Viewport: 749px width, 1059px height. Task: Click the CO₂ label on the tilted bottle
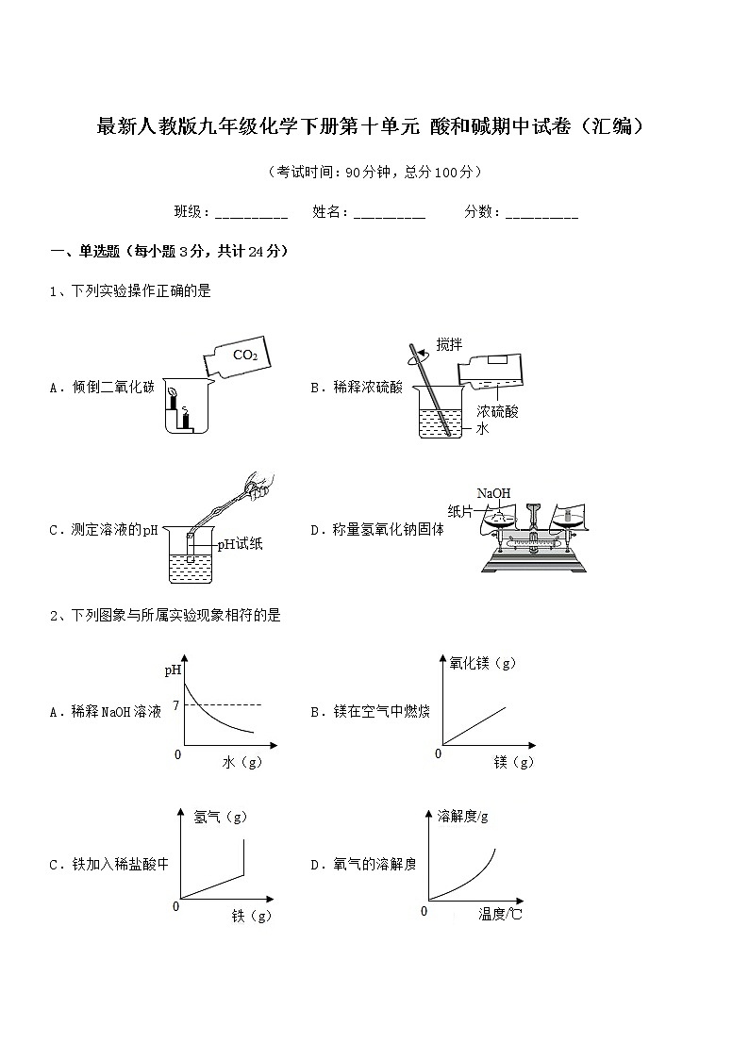[244, 356]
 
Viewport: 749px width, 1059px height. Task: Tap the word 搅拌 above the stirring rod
[449, 344]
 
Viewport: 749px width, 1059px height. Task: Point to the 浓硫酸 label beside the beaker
[497, 411]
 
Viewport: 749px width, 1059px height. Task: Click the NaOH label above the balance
[493, 493]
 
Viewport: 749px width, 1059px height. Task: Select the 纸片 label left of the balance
[460, 511]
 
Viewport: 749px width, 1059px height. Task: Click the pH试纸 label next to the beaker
[240, 543]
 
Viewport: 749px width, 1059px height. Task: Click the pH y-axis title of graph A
[173, 670]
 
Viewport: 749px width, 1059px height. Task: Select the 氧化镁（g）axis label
[483, 663]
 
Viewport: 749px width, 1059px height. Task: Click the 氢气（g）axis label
[220, 817]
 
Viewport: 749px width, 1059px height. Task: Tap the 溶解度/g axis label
[463, 816]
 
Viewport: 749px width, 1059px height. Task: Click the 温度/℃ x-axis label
[500, 914]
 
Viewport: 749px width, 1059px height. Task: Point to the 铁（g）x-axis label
[251, 916]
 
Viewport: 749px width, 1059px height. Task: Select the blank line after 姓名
[389, 213]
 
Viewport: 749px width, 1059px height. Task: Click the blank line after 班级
[251, 213]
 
